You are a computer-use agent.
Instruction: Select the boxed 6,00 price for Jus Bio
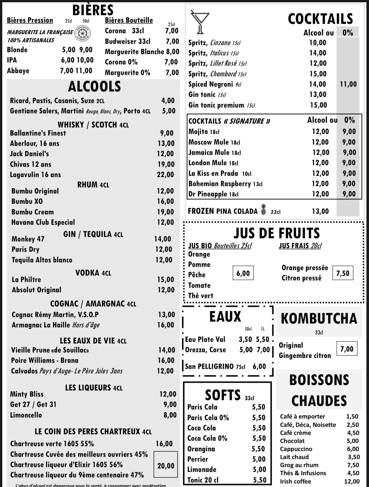[x=243, y=273]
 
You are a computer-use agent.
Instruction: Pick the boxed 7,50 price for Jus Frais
[x=343, y=273]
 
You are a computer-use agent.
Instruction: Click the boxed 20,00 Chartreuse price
[x=166, y=465]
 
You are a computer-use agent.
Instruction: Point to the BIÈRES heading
[x=93, y=10]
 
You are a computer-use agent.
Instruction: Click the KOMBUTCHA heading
[x=319, y=318]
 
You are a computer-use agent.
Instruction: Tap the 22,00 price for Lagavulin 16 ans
[x=166, y=174]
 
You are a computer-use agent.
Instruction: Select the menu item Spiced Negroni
[x=211, y=84]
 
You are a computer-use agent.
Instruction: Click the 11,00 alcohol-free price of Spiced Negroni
[x=348, y=84]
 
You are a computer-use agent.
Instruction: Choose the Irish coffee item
[x=296, y=481]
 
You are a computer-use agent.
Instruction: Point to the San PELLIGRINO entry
[x=209, y=366]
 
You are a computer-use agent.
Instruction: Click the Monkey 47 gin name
[x=28, y=239]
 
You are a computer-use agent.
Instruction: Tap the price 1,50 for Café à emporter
[x=353, y=417]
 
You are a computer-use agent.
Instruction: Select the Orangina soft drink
[x=201, y=449]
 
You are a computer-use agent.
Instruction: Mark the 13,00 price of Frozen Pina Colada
[x=320, y=211]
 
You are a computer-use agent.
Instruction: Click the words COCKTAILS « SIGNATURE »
[x=229, y=121]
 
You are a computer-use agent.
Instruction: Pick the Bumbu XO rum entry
[x=27, y=201]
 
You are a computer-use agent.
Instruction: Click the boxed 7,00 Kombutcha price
[x=347, y=349]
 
